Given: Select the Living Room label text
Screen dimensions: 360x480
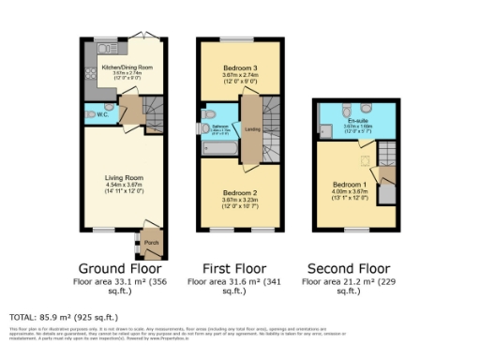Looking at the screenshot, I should (x=123, y=175).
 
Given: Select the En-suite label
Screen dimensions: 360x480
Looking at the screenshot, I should (x=357, y=120).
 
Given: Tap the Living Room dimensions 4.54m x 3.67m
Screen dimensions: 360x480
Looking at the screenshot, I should (x=123, y=186).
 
